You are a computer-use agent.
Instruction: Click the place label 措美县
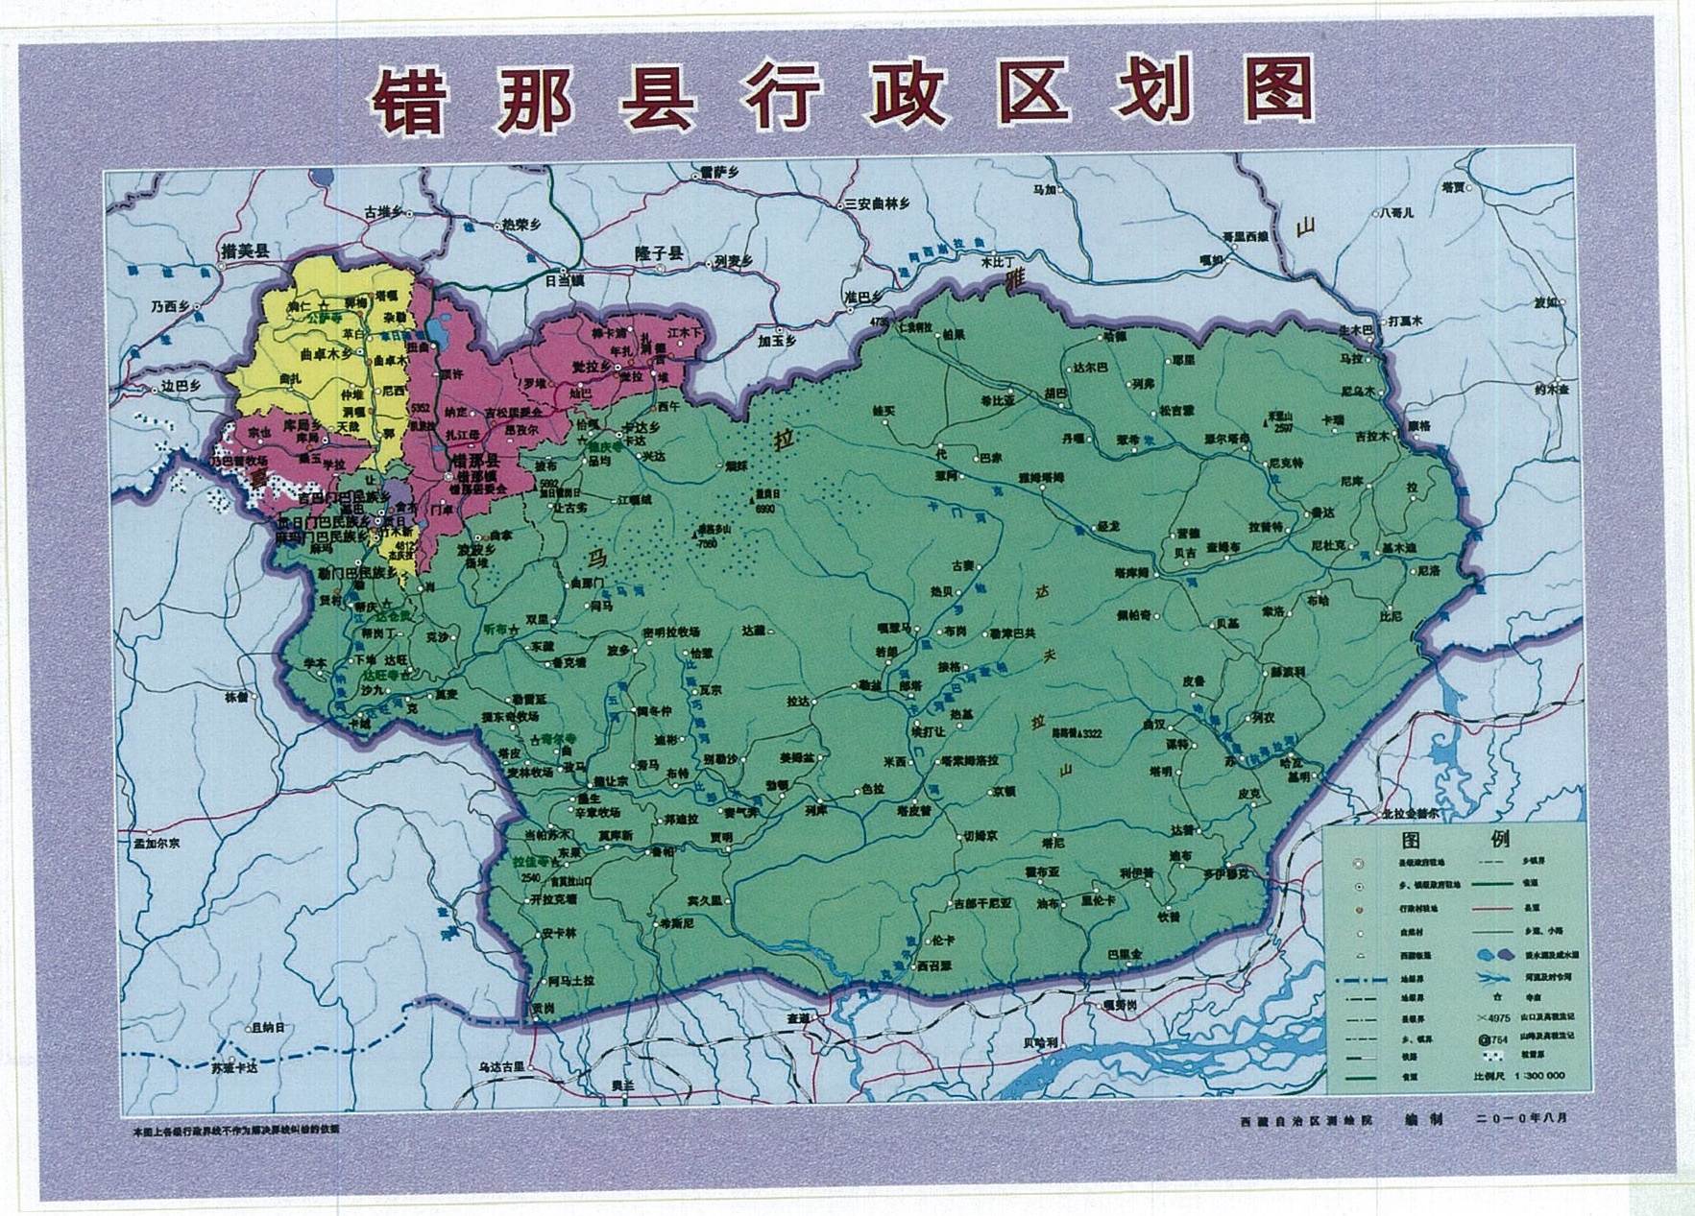click(x=244, y=251)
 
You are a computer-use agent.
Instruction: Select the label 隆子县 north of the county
click(x=659, y=253)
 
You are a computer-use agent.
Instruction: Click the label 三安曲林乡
click(x=877, y=203)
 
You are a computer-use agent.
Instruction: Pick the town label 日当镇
click(x=564, y=281)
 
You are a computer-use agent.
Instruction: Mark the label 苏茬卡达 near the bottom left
click(x=235, y=1065)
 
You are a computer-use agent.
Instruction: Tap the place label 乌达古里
click(x=500, y=1065)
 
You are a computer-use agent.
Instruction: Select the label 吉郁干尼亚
click(x=981, y=903)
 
